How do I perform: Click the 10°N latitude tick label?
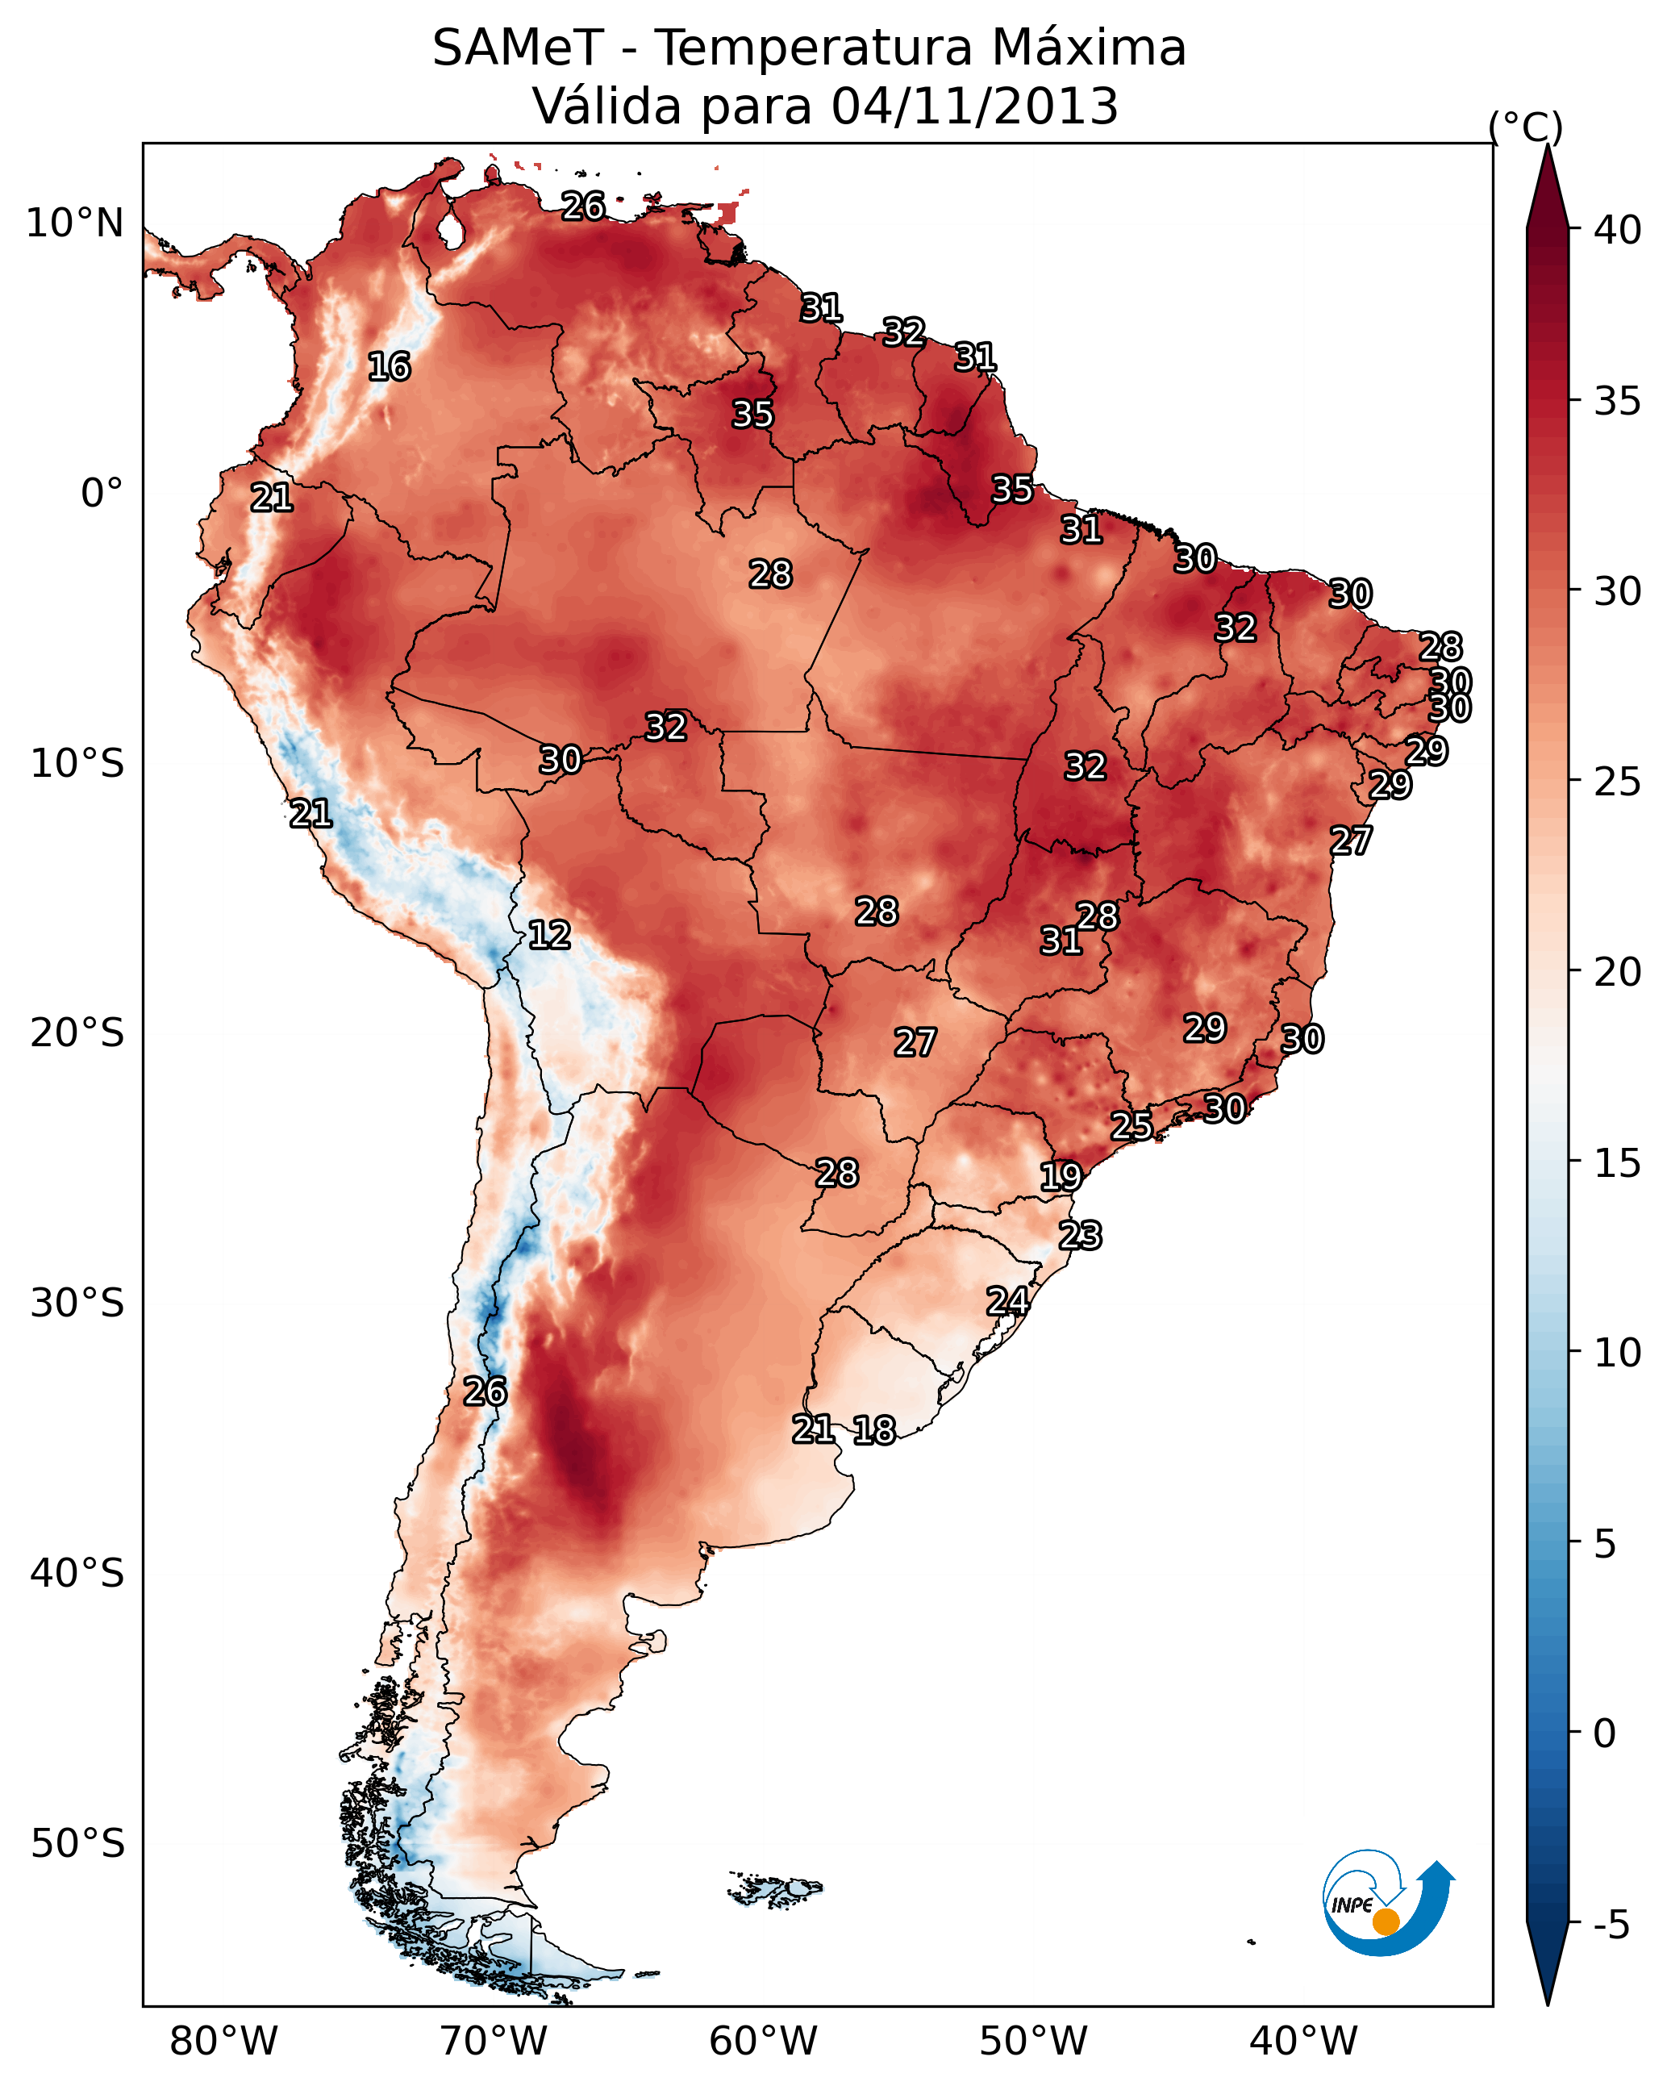[74, 223]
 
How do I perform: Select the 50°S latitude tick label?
[77, 1844]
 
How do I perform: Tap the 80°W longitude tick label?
[223, 2041]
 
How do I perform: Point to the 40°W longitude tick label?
[1303, 2041]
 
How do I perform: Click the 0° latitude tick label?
[102, 494]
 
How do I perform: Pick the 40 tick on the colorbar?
[1618, 230]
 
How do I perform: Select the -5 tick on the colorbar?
[1613, 1926]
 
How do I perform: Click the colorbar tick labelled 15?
[1618, 1163]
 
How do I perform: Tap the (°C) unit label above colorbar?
[1526, 127]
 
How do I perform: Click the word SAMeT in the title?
[518, 48]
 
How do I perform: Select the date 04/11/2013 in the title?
[974, 106]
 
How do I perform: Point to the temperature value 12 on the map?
[549, 935]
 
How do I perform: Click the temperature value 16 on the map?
[389, 367]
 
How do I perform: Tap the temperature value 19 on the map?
[1061, 1177]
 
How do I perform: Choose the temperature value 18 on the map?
[874, 1430]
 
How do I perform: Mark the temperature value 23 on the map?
[1080, 1236]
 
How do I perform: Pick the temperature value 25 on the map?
[1131, 1125]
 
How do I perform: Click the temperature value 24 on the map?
[1007, 1301]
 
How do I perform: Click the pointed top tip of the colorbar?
[1547, 145]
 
